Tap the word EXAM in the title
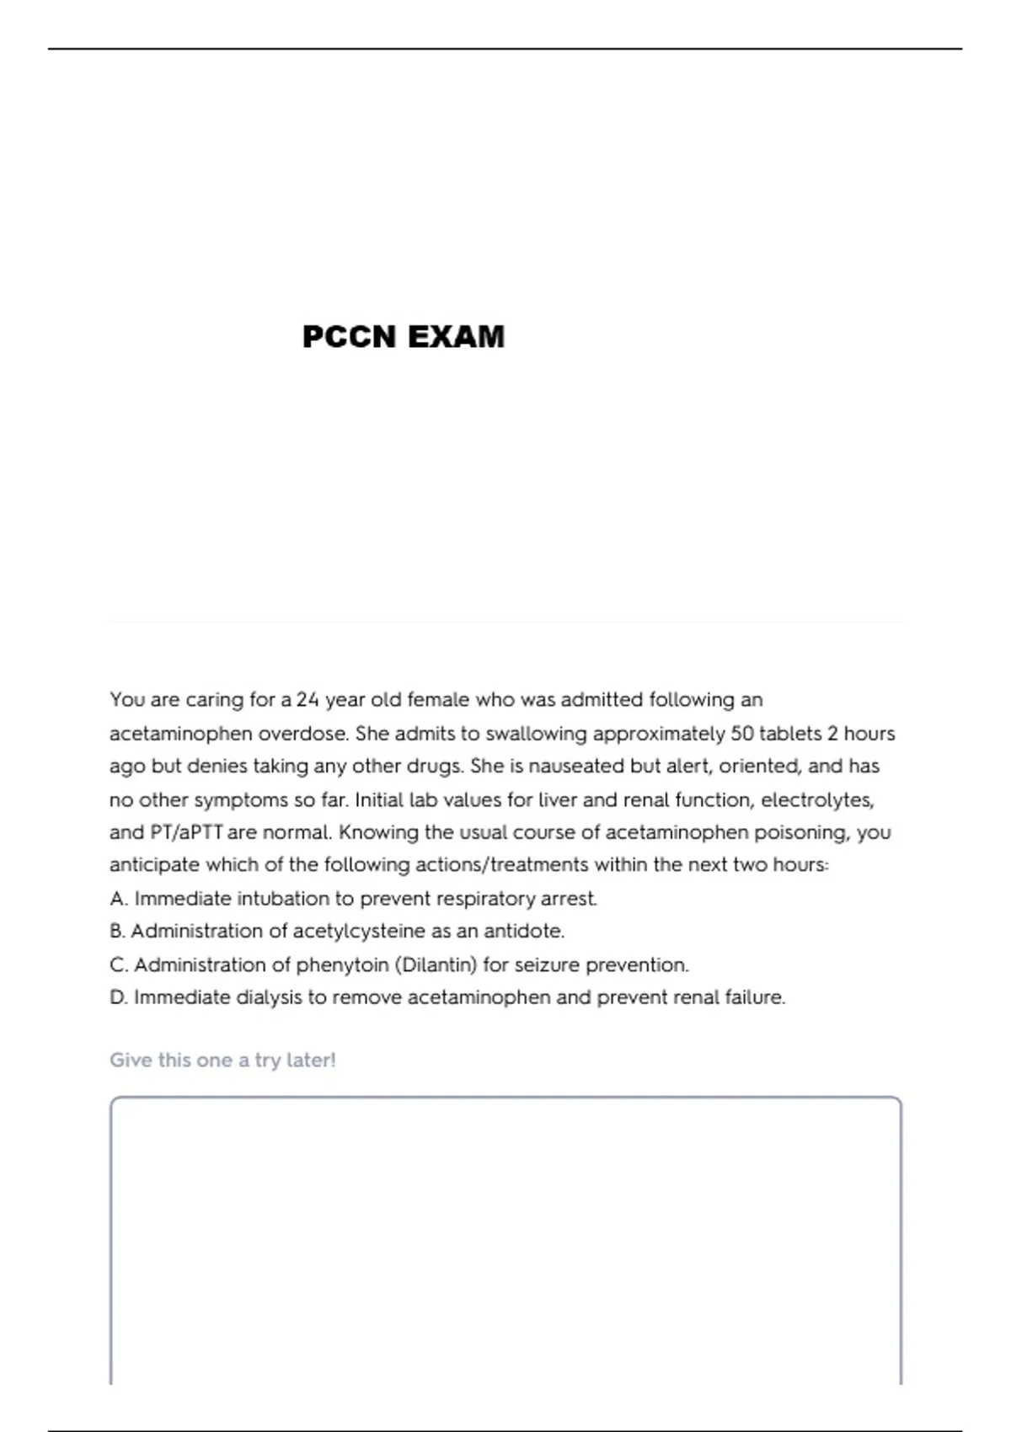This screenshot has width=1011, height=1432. pos(456,337)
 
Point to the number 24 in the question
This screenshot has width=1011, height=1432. pos(308,700)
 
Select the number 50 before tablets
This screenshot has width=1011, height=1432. pos(741,734)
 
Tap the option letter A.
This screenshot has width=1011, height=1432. pos(118,899)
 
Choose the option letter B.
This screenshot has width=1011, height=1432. pos(117,932)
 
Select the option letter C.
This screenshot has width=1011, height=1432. pos(118,964)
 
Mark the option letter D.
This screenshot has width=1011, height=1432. pos(118,997)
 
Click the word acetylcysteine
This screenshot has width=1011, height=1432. pos(359,932)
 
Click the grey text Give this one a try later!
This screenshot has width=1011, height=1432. pos(222,1060)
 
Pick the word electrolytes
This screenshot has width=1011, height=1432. pos(817,799)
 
